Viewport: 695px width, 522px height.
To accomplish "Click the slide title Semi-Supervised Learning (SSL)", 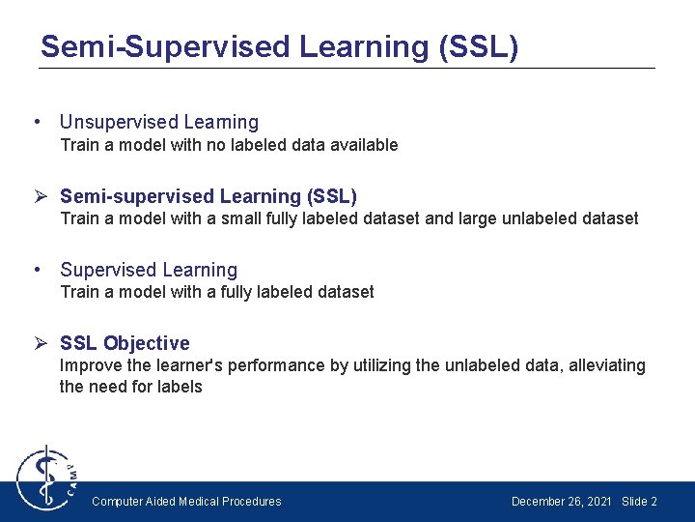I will tap(279, 46).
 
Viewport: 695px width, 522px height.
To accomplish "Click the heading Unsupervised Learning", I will tap(159, 122).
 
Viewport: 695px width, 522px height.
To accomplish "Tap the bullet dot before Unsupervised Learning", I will tap(36, 122).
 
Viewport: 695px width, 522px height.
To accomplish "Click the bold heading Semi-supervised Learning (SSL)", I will tap(208, 196).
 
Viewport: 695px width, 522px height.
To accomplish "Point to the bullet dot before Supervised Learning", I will tap(36, 270).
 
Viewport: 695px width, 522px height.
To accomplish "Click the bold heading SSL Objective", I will tap(125, 343).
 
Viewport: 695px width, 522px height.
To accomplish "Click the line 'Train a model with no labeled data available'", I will tap(229, 145).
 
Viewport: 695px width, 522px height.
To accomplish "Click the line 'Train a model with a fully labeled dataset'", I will tap(217, 292).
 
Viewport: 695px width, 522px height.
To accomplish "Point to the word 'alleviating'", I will tap(605, 365).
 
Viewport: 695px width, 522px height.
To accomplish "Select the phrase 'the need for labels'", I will tap(131, 387).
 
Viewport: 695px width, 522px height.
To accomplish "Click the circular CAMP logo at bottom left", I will tap(43, 478).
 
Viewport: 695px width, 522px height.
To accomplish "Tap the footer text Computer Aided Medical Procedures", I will tap(186, 502).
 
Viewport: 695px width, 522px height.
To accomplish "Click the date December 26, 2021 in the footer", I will tap(561, 502).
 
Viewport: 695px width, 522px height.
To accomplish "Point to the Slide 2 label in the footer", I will tap(639, 502).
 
